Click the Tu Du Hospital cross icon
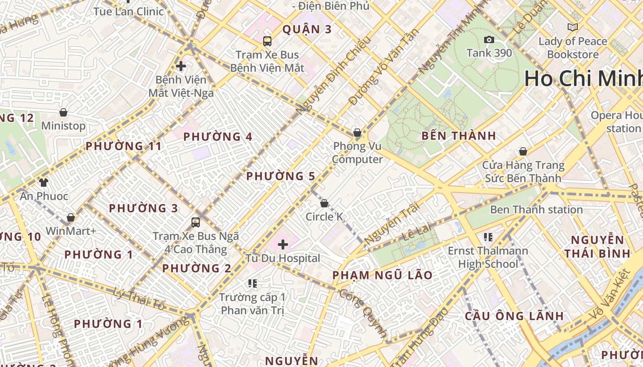[x=283, y=244]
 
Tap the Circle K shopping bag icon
[x=324, y=203]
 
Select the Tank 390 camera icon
[x=489, y=40]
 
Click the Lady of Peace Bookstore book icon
[x=572, y=28]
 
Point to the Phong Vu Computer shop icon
[x=357, y=133]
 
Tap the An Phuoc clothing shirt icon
[x=43, y=183]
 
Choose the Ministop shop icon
[x=63, y=112]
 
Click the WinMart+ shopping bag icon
[x=71, y=217]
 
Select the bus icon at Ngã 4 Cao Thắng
[x=196, y=222]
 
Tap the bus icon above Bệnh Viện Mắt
[x=267, y=41]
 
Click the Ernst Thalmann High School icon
[x=488, y=237]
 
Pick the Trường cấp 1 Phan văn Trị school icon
[x=252, y=284]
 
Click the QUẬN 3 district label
[x=307, y=29]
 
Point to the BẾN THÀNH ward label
[x=459, y=136]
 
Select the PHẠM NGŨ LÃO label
[x=382, y=275]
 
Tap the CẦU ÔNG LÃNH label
[x=514, y=316]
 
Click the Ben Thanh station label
[x=536, y=210]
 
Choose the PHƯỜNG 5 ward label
[x=281, y=176]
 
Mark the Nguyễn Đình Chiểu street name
[x=333, y=76]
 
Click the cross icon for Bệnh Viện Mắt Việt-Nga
[x=181, y=66]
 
